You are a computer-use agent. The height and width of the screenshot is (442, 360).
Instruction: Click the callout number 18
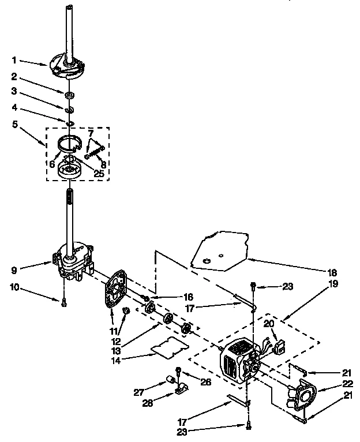(x=331, y=272)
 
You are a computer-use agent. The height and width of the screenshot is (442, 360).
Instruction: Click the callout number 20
(x=269, y=323)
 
